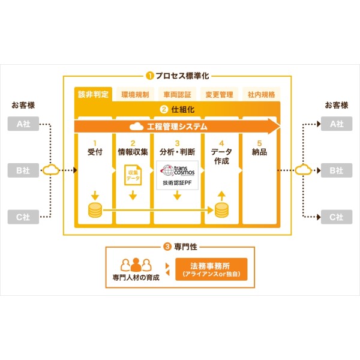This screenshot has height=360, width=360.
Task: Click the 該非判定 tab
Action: (93, 94)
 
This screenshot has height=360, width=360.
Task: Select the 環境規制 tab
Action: (135, 94)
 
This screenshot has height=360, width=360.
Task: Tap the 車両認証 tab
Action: (177, 94)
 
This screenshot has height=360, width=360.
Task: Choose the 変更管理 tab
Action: (219, 94)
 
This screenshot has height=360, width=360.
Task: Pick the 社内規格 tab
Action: (261, 94)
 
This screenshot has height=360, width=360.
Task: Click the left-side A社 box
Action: (23, 124)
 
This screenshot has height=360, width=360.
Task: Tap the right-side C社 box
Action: (337, 217)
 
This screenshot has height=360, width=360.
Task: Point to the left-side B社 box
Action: (23, 170)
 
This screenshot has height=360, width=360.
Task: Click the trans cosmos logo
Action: (178, 171)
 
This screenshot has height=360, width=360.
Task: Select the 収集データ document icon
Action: (133, 175)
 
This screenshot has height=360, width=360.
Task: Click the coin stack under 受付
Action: (95, 210)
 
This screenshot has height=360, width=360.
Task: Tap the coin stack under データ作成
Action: (221, 210)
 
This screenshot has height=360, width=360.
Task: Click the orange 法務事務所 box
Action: (211, 269)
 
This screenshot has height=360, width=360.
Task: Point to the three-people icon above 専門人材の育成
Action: (136, 265)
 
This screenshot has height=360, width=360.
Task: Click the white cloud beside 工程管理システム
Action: (136, 127)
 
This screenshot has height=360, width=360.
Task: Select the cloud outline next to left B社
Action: (51, 170)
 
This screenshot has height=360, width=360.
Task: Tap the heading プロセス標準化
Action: (182, 76)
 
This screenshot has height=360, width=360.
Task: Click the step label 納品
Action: (259, 152)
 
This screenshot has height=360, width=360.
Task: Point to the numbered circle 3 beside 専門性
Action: (167, 247)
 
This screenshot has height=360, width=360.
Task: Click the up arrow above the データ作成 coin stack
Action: (221, 196)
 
